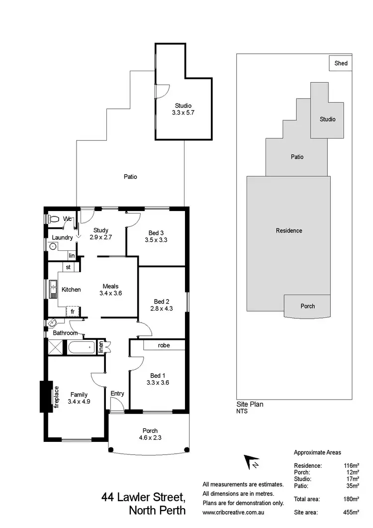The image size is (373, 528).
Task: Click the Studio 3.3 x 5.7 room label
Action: pyautogui.click(x=183, y=109)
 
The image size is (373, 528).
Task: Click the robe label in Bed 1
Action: pyautogui.click(x=165, y=345)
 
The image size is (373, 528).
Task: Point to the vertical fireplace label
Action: pyautogui.click(x=56, y=397)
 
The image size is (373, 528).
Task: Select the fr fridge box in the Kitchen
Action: pyautogui.click(x=73, y=312)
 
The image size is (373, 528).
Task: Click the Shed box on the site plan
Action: pyautogui.click(x=341, y=63)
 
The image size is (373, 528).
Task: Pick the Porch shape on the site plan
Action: pyautogui.click(x=308, y=306)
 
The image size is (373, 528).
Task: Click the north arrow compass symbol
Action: pyautogui.click(x=251, y=462)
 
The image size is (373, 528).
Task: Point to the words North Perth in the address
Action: pyautogui.click(x=157, y=510)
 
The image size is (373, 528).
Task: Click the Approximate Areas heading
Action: pyautogui.click(x=317, y=452)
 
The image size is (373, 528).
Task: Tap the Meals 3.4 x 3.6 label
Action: pyautogui.click(x=110, y=290)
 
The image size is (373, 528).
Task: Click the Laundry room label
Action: pyautogui.click(x=63, y=238)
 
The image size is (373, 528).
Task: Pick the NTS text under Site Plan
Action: pyautogui.click(x=242, y=411)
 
